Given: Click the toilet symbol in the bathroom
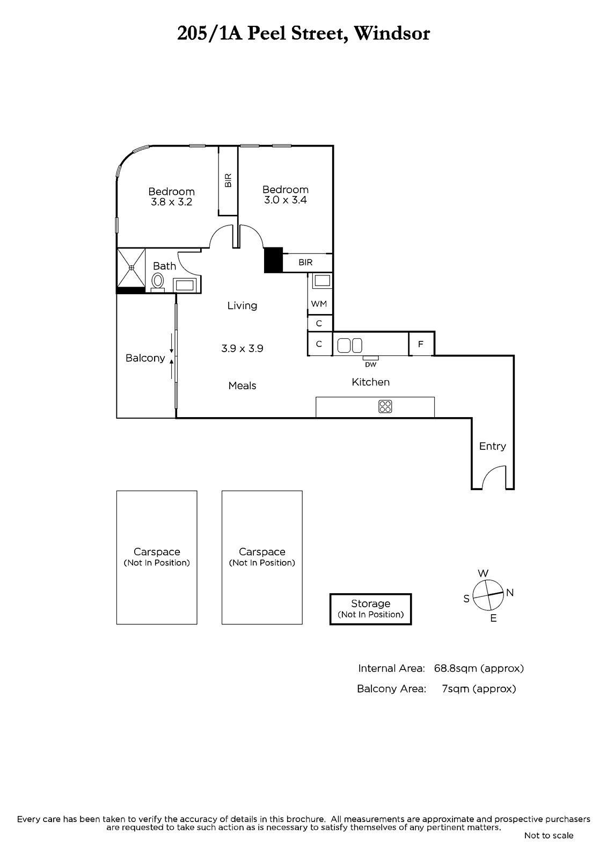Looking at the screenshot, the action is click(158, 282).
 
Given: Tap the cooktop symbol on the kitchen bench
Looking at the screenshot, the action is click(385, 406).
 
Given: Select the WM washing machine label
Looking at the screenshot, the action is click(319, 304).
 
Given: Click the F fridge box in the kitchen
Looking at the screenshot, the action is click(421, 344).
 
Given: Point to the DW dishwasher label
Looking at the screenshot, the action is click(370, 365).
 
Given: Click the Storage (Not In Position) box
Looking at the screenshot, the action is click(370, 609).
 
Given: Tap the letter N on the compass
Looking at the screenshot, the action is click(510, 593).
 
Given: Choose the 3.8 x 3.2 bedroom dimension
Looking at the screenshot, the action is click(171, 202).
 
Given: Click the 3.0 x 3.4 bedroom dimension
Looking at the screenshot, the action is click(286, 200).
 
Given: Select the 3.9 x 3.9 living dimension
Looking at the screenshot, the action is click(243, 348).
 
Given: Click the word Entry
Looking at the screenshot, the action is click(492, 446).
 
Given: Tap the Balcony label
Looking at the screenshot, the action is click(145, 358).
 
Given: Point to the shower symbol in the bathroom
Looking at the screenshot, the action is click(131, 267).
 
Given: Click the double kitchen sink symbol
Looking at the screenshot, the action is click(350, 346).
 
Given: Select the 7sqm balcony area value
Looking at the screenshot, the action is click(456, 689).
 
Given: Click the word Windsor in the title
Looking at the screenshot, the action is click(391, 33).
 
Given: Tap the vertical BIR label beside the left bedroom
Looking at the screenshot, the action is click(228, 180).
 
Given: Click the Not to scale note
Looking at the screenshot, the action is click(549, 835).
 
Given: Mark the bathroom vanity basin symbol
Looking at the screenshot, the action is click(185, 285).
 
